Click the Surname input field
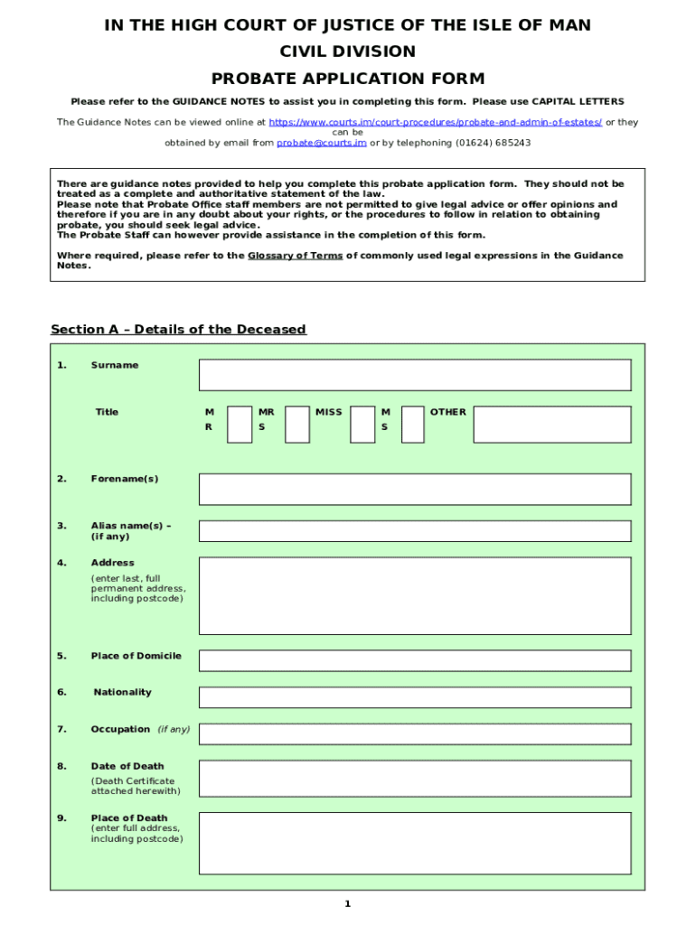tap(415, 375)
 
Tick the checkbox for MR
tap(240, 424)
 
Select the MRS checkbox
tap(297, 424)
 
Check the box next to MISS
tap(362, 424)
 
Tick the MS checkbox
tap(412, 424)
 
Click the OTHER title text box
tap(552, 424)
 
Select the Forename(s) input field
tap(415, 489)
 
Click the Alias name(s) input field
tap(415, 530)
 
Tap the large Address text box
tap(415, 596)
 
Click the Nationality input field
tap(415, 697)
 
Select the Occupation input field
tap(415, 734)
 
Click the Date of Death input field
tap(415, 778)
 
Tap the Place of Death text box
tap(415, 843)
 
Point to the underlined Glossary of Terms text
tap(295, 256)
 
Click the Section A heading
tap(178, 329)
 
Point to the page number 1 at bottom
tap(347, 904)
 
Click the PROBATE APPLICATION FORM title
tap(348, 79)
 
